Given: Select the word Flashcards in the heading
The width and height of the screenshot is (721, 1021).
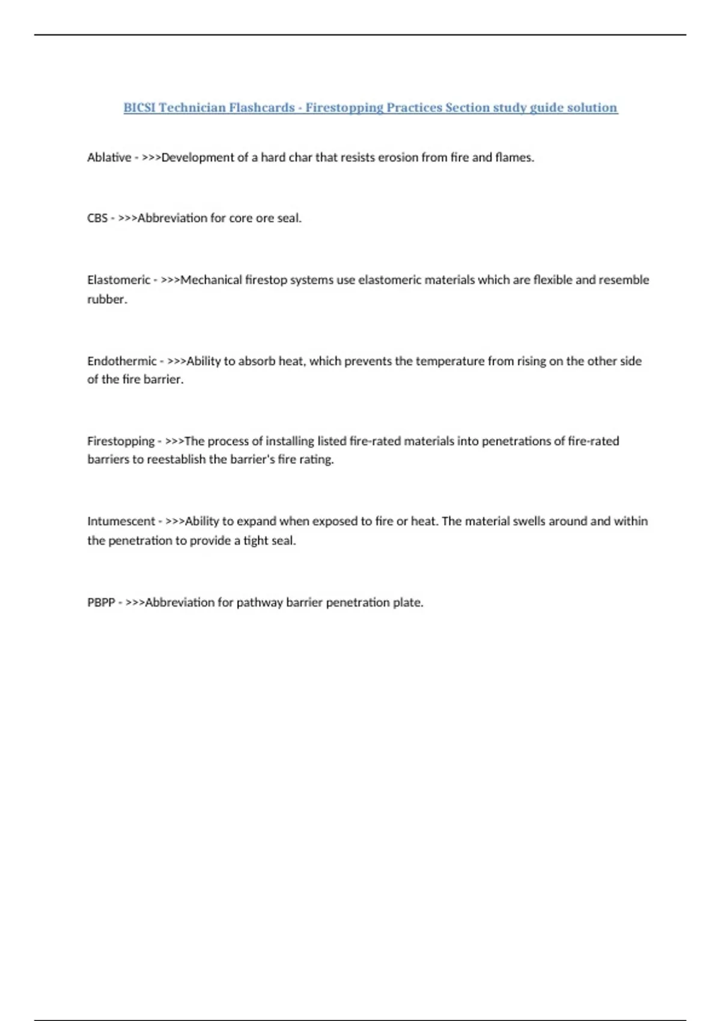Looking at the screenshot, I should [262, 108].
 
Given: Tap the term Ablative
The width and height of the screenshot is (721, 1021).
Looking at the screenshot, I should [109, 157].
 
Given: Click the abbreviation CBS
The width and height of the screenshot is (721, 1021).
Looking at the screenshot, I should [97, 218].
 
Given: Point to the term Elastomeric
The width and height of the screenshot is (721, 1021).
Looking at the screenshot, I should [118, 280].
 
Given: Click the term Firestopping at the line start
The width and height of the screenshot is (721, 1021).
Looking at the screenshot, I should [121, 441].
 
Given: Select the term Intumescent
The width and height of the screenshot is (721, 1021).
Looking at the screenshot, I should [121, 521].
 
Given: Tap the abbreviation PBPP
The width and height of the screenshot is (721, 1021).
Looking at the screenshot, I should [101, 602].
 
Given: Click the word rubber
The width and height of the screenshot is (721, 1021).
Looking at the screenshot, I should [107, 299].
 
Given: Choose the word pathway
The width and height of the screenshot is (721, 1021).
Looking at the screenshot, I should [260, 602].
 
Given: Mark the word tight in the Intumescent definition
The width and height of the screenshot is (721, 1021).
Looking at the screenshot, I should [255, 541].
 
